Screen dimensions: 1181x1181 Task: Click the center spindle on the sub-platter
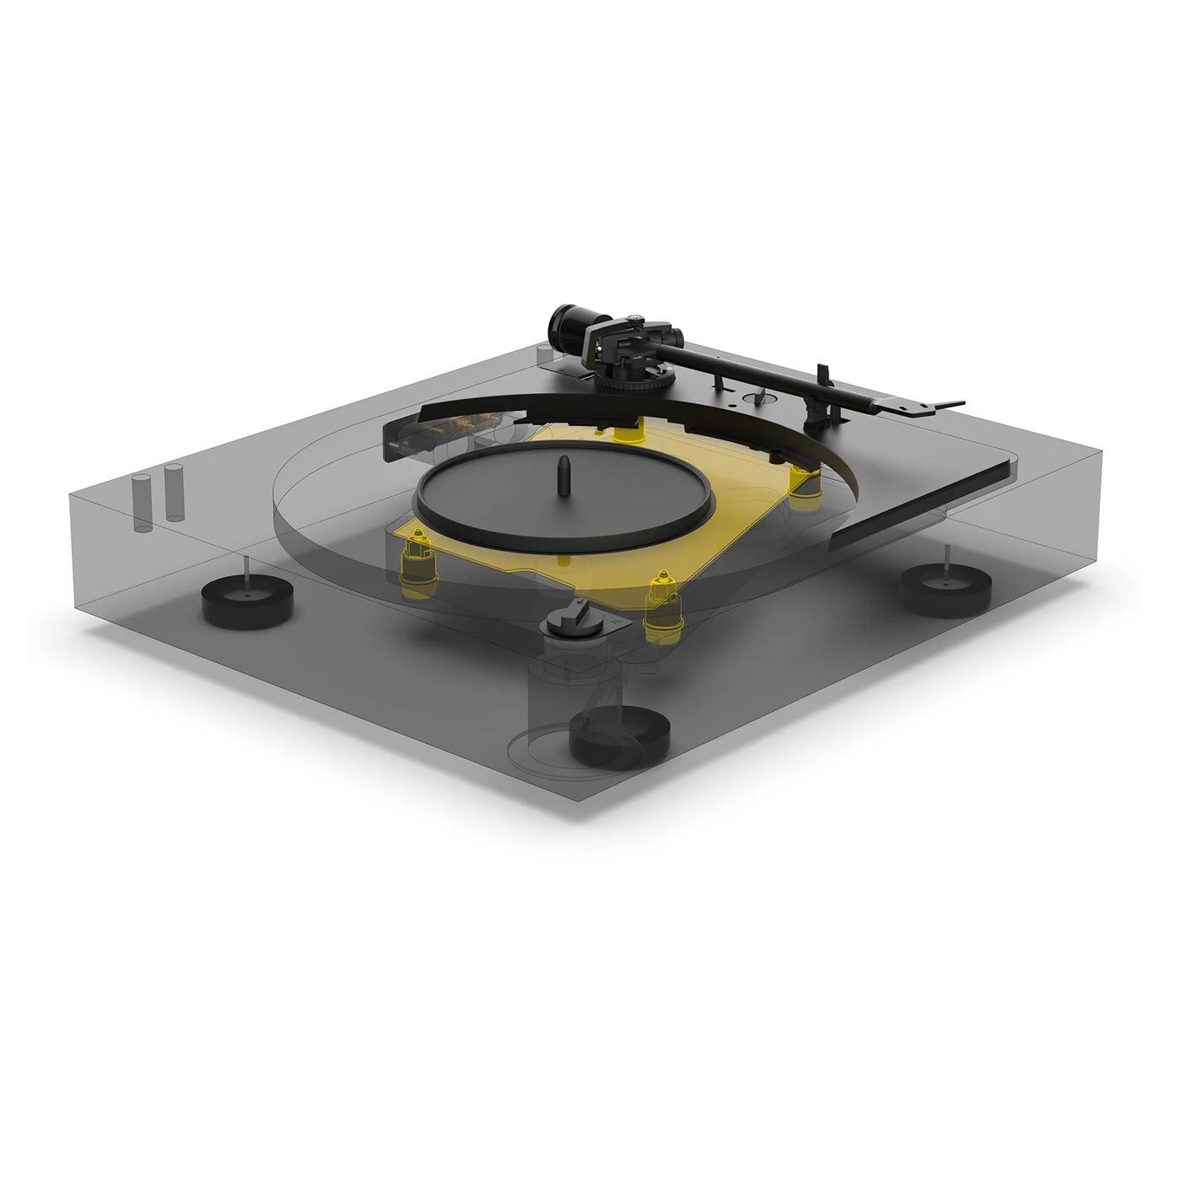562,477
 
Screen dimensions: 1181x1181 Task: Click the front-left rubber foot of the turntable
246,600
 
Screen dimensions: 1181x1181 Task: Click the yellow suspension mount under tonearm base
626,433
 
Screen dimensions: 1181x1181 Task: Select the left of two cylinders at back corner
141,504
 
